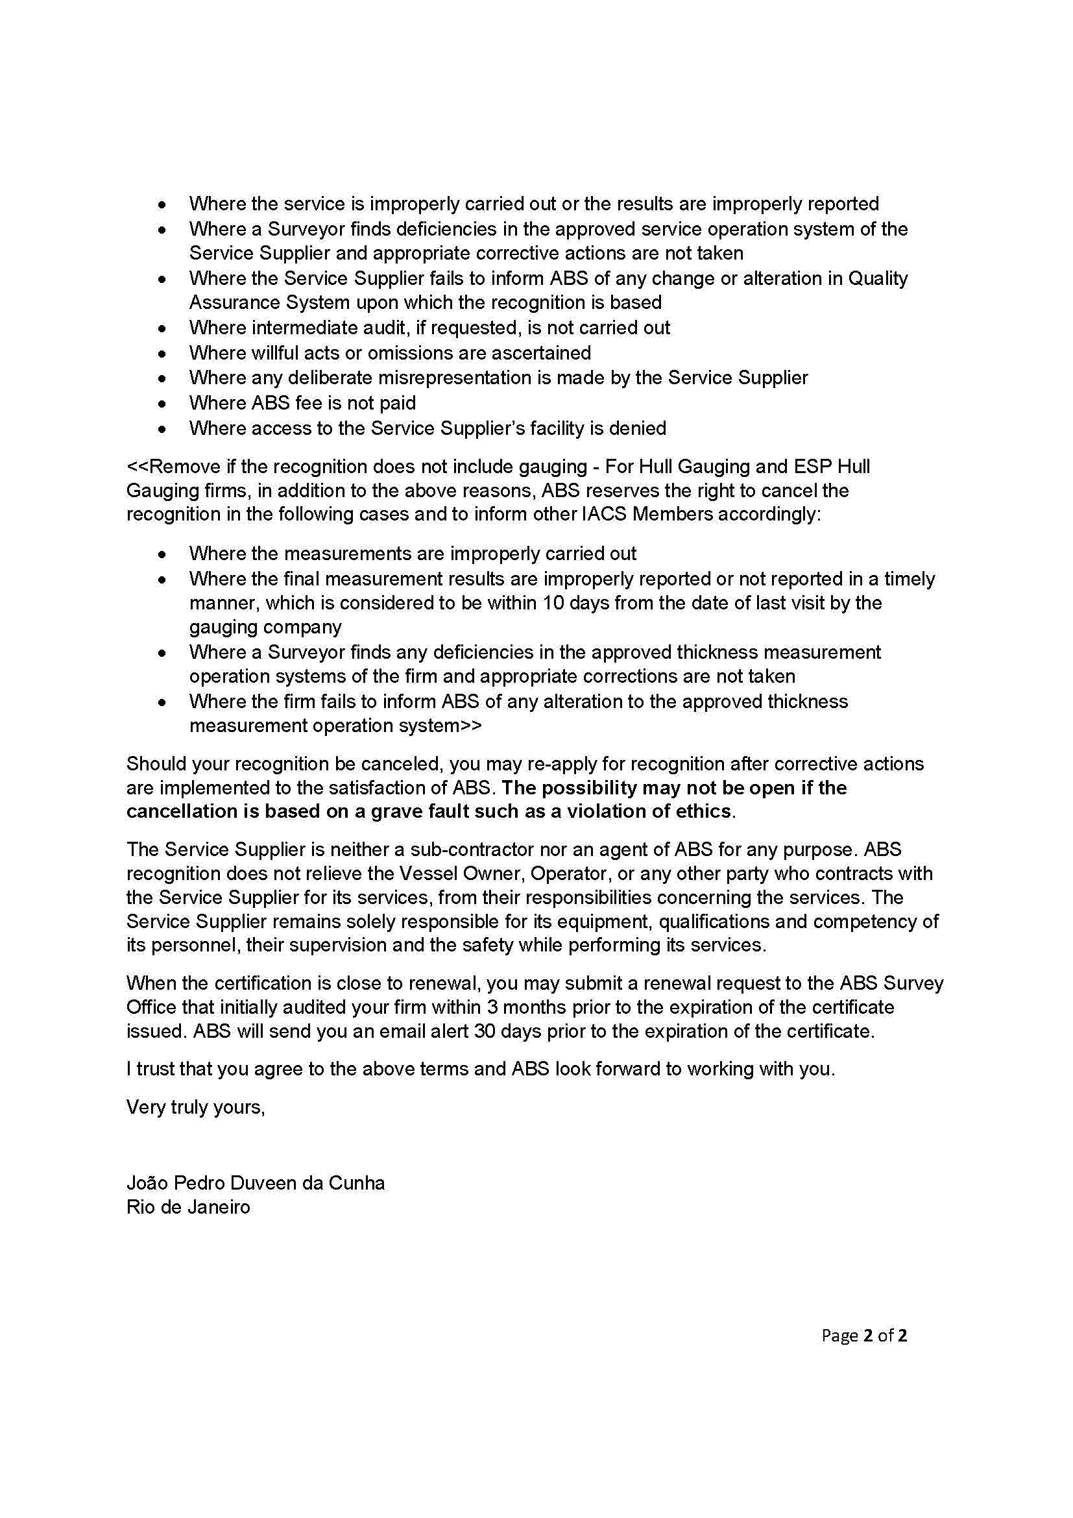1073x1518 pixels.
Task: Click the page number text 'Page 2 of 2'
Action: click(x=863, y=1336)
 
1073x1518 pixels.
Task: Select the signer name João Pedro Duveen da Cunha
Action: click(x=255, y=1183)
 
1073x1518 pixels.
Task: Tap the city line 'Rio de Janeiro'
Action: click(x=188, y=1207)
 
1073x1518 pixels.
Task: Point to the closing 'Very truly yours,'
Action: click(x=195, y=1107)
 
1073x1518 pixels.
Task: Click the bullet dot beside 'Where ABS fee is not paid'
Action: click(x=162, y=404)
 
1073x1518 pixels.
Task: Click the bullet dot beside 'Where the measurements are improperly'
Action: click(x=162, y=555)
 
